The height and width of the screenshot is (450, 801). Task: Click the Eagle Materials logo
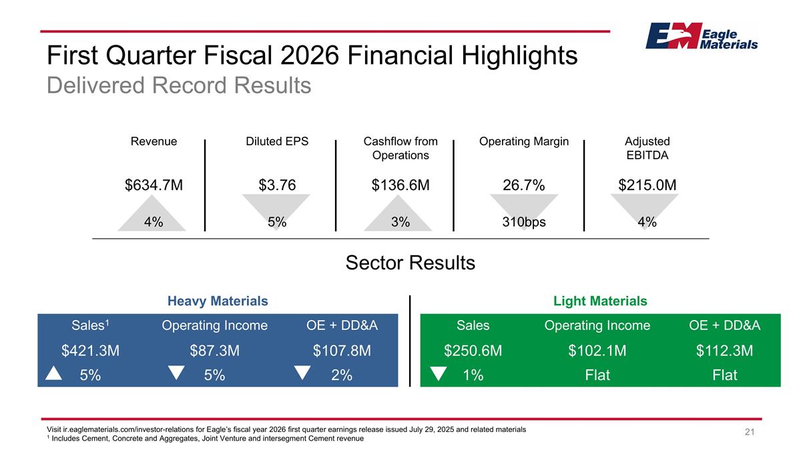pos(701,36)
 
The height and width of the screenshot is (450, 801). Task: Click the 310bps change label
pos(524,223)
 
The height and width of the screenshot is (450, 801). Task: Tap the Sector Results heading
pos(410,263)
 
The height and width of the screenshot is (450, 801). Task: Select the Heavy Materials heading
pos(218,301)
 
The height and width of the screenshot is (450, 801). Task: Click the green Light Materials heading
pos(600,301)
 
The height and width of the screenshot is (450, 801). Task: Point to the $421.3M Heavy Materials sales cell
pos(90,351)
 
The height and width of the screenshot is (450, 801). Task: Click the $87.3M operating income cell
pos(214,351)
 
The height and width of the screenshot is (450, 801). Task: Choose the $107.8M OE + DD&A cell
pos(342,351)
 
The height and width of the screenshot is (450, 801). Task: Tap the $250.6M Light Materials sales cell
pos(473,351)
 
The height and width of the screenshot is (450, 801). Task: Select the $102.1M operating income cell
pos(597,351)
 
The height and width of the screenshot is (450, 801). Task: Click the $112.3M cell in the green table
pos(724,351)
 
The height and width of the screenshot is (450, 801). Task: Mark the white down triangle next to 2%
pos(302,373)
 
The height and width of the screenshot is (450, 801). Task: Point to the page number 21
pos(750,434)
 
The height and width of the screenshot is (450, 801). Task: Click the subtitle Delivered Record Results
pos(179,85)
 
